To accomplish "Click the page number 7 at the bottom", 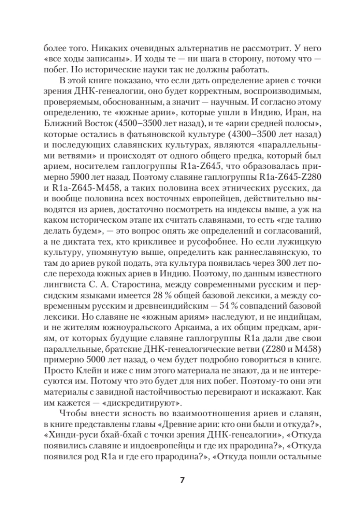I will coord(180,481).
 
